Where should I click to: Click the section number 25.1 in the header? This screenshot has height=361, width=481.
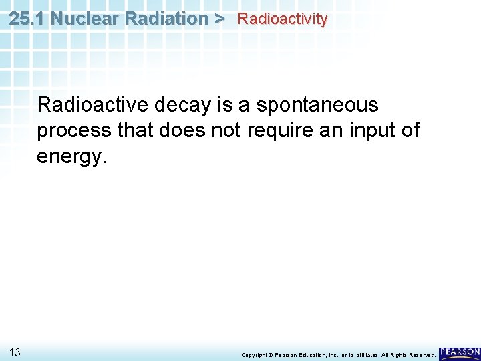click(x=27, y=19)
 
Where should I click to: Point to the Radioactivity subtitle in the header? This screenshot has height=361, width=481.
click(x=283, y=19)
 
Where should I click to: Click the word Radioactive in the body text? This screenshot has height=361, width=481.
click(x=93, y=105)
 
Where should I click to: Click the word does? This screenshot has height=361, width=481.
click(x=182, y=130)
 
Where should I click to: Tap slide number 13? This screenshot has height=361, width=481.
click(x=16, y=352)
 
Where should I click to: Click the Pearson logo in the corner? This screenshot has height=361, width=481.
click(x=459, y=352)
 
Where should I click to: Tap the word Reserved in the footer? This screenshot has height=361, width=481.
click(x=421, y=354)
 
